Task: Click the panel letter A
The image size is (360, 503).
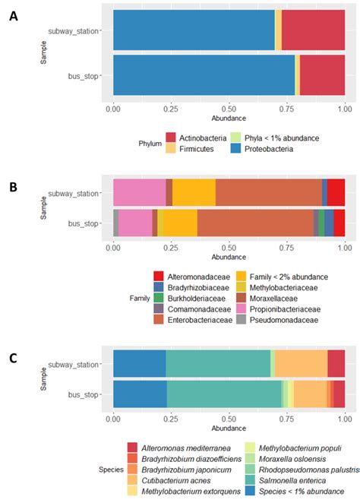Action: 13,16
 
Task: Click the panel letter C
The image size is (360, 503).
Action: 13,356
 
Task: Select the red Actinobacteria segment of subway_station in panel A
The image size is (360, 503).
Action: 313,30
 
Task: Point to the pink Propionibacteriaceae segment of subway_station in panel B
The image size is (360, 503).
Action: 139,193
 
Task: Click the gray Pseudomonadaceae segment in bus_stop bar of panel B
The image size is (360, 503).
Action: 115,223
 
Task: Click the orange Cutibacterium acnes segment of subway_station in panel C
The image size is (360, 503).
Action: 301,364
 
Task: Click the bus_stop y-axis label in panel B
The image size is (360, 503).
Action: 85,223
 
